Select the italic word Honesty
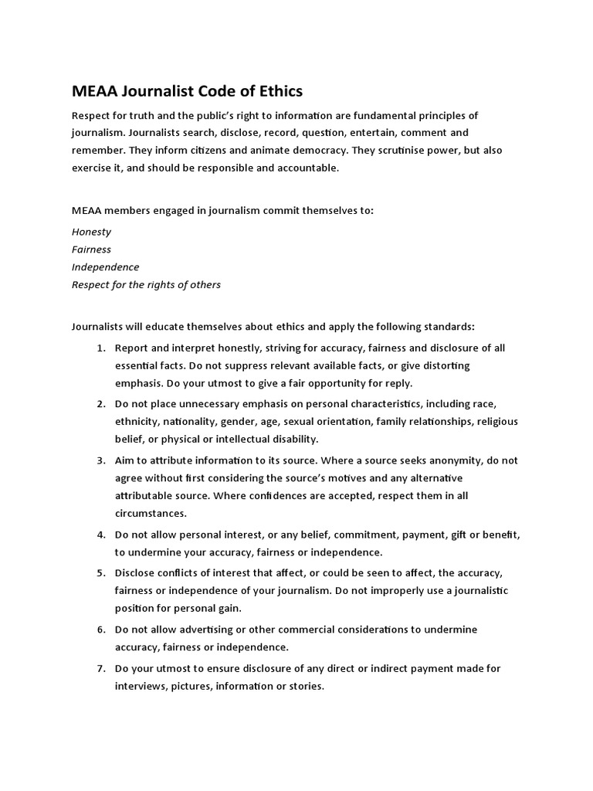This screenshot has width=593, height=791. tap(91, 232)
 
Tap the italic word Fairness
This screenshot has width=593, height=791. tap(91, 250)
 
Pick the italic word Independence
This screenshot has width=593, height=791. tap(106, 267)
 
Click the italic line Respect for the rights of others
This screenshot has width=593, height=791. tap(146, 285)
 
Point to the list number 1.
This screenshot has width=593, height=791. tap(101, 348)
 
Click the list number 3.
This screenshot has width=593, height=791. tap(101, 460)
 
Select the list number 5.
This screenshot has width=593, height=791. tap(101, 573)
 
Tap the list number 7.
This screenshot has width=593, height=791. tap(101, 669)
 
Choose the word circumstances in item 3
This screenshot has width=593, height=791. tap(151, 513)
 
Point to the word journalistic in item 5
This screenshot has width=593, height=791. tap(475, 591)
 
